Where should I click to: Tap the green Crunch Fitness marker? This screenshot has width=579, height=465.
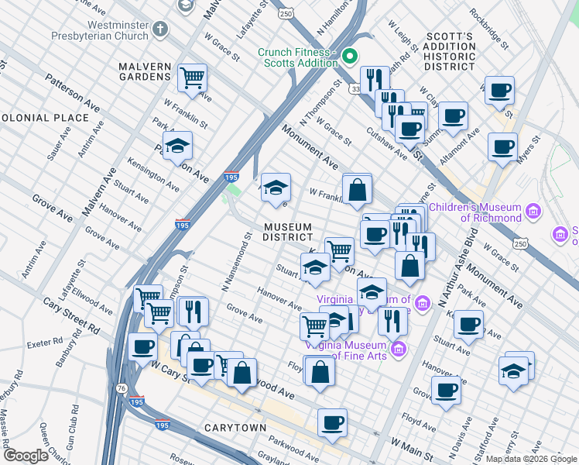(x=349, y=56)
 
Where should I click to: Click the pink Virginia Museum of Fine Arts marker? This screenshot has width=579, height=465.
(x=399, y=350)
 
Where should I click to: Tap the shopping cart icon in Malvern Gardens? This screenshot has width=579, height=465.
(x=192, y=78)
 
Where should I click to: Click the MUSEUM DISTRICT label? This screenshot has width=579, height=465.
(x=287, y=232)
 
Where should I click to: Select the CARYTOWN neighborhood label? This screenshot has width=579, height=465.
(x=235, y=427)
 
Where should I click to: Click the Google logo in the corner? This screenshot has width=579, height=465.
(x=26, y=456)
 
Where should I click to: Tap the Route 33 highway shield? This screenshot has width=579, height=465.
(x=355, y=90)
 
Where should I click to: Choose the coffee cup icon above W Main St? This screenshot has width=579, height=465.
(x=332, y=423)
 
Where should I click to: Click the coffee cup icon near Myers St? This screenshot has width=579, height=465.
(x=502, y=146)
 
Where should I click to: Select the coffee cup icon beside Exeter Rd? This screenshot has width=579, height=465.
(x=142, y=347)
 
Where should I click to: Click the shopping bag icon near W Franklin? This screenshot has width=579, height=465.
(x=357, y=189)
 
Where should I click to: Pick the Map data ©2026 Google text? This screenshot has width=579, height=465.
(x=531, y=459)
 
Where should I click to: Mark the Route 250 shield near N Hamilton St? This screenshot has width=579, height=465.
(x=286, y=14)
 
